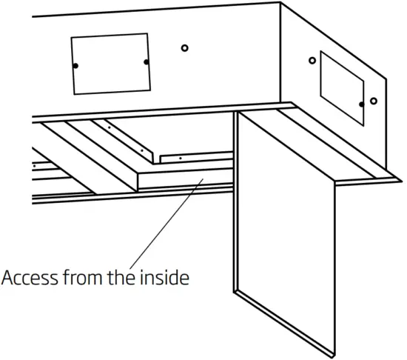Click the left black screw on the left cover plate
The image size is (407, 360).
[75, 67]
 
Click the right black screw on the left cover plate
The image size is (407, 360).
[147, 61]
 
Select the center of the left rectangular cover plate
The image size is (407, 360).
[110, 64]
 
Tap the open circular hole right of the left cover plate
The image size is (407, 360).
[185, 48]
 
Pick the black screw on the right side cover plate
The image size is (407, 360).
[361, 104]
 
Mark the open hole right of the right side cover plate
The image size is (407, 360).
[374, 101]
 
